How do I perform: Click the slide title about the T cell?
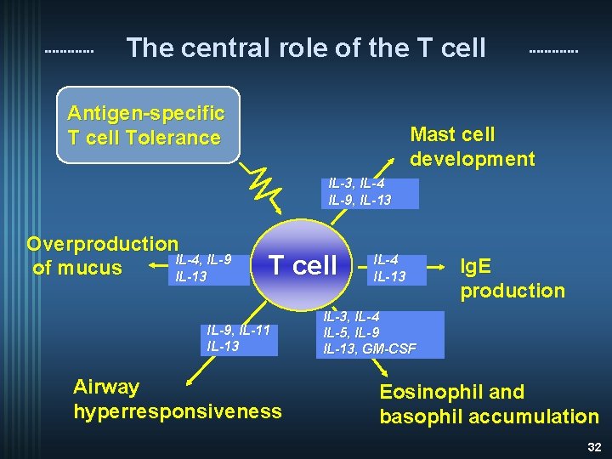click(306, 48)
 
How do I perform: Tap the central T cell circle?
click(303, 265)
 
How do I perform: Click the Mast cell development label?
click(473, 146)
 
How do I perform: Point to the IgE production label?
click(512, 278)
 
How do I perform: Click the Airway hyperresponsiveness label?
click(177, 399)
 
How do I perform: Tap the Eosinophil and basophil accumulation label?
click(489, 404)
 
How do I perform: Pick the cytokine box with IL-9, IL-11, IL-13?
click(240, 338)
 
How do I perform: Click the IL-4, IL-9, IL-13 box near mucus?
click(201, 267)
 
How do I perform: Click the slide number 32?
click(594, 446)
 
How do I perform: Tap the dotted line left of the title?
click(69, 51)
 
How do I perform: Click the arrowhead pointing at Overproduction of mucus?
click(152, 268)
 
